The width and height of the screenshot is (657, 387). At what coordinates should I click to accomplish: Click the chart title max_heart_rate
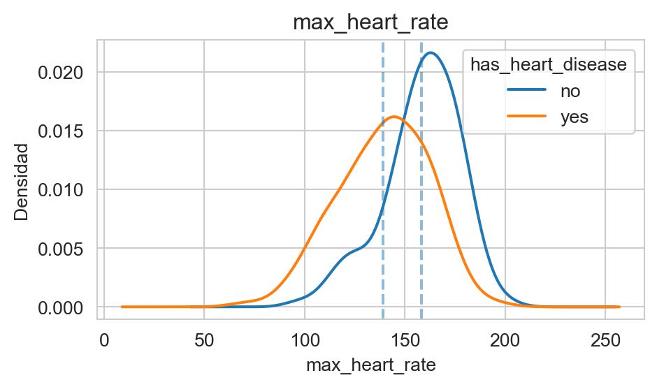(x=370, y=22)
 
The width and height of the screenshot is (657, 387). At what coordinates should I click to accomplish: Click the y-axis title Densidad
(x=22, y=182)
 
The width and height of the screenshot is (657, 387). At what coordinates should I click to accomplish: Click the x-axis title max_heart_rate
(x=370, y=364)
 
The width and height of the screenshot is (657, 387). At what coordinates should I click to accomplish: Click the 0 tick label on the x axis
(x=104, y=339)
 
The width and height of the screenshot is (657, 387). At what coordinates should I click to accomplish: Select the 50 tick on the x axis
(x=204, y=339)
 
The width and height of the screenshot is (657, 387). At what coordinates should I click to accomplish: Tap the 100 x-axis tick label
(x=304, y=339)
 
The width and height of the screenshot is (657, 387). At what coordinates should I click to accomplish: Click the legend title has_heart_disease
(x=548, y=64)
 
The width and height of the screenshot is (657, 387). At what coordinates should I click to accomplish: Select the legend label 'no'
(x=570, y=91)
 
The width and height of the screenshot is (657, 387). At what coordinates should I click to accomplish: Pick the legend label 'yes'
(x=574, y=117)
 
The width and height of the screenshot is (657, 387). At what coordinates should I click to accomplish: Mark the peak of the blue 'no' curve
(x=431, y=52)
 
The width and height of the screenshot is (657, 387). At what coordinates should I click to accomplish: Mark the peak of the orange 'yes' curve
(x=394, y=117)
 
